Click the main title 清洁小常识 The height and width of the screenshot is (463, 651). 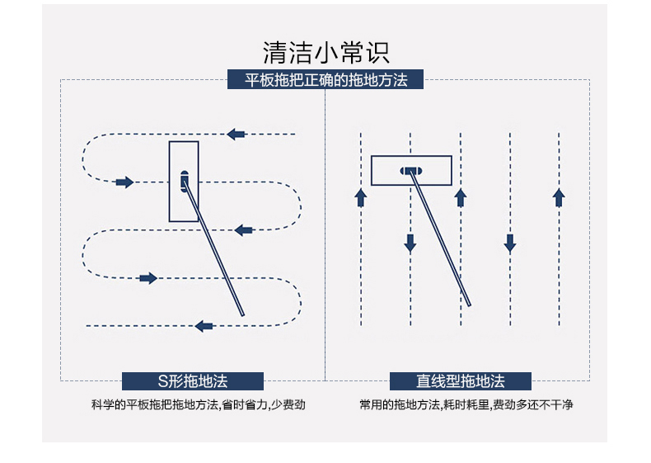(325, 52)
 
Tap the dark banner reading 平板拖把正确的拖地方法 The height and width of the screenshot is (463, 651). (325, 80)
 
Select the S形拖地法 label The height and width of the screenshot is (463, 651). (193, 381)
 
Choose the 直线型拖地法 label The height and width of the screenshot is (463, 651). (461, 381)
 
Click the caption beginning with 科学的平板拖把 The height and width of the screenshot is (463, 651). (193, 405)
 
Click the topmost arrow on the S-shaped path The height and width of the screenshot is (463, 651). (237, 134)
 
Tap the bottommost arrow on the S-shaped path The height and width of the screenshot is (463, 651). (204, 326)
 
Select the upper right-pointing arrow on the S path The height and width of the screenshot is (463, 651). (124, 182)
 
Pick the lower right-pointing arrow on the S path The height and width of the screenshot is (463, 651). (148, 278)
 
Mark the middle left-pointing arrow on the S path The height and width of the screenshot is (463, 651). (243, 230)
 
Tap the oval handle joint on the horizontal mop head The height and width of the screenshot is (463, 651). (410, 171)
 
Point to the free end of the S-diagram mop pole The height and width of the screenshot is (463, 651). (243, 314)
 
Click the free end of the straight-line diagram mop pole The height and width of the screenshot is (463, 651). (468, 304)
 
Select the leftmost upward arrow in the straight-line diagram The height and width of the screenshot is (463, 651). (360, 197)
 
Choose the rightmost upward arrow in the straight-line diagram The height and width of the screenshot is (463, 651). (559, 197)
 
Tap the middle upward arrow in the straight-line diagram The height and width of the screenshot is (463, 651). (461, 197)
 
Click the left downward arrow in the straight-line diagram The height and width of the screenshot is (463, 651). (410, 243)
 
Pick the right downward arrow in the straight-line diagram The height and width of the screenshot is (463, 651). (510, 243)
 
